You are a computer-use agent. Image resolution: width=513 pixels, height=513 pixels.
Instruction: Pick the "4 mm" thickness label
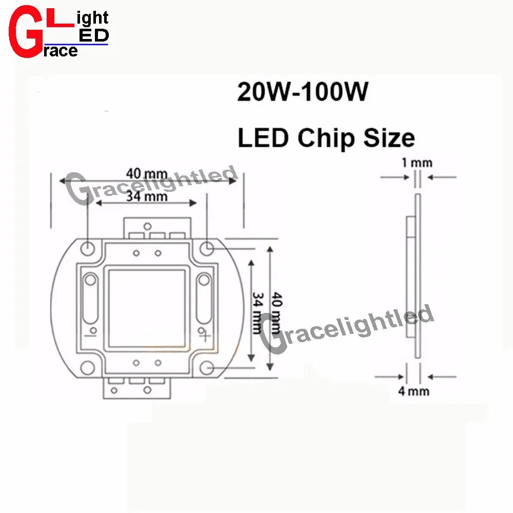(413, 391)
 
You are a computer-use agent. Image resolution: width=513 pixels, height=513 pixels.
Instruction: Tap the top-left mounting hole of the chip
(88, 248)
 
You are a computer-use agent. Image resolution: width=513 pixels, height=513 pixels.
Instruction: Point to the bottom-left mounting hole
(88, 368)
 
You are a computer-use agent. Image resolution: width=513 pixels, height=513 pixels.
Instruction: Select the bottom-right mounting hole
(207, 368)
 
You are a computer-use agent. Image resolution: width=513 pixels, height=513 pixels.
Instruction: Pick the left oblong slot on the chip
(91, 298)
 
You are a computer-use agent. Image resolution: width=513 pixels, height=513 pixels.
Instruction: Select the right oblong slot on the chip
(204, 298)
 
